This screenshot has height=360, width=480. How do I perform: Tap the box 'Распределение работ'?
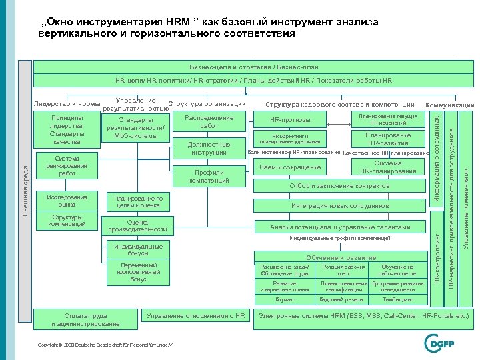pyautogui.click(x=209, y=122)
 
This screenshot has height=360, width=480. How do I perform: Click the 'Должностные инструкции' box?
pyautogui.click(x=209, y=148)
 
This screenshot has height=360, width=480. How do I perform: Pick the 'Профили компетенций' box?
pyautogui.click(x=209, y=176)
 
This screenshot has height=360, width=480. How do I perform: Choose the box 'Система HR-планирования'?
pyautogui.click(x=387, y=167)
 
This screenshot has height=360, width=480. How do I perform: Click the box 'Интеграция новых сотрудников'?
pyautogui.click(x=339, y=205)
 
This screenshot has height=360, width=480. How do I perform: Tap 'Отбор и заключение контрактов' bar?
pyautogui.click(x=339, y=186)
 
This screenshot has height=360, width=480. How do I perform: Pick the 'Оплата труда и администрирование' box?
pyautogui.click(x=85, y=319)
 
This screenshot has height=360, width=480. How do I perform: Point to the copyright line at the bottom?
pyautogui.click(x=106, y=345)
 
